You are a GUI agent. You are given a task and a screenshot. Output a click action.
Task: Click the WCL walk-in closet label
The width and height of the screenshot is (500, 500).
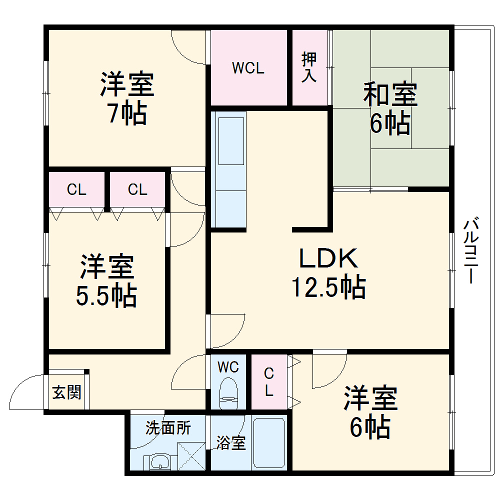[248, 68]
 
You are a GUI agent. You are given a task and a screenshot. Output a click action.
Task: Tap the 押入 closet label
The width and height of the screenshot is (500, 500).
[309, 67]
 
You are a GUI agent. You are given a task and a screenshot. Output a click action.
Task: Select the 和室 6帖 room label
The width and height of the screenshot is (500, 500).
[390, 109]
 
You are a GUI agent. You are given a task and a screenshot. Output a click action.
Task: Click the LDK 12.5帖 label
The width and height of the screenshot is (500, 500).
[328, 273]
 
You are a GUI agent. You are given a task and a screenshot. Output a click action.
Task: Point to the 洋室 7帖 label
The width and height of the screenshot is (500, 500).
[127, 98]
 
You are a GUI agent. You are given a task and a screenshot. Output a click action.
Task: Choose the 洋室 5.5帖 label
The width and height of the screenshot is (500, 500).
[107, 281]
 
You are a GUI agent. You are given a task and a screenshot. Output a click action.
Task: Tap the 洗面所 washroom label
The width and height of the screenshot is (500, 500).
[168, 428]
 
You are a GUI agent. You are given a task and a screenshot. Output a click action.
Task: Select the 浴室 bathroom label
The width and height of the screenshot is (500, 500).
[231, 442]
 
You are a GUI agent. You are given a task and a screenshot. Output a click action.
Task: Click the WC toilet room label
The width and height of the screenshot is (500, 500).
[228, 367]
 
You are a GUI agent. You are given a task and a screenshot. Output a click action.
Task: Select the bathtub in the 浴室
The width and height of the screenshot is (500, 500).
[269, 442]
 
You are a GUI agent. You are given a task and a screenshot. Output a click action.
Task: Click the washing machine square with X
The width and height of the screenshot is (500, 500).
[192, 455]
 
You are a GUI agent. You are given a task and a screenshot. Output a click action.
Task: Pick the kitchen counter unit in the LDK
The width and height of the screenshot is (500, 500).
[229, 170]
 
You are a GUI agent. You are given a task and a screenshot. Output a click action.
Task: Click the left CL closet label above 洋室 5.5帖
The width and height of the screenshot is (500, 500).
[77, 189]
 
